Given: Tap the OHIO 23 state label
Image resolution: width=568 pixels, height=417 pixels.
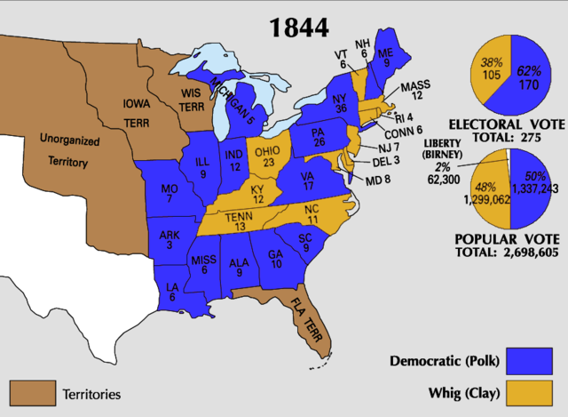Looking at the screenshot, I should tap(267, 156).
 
